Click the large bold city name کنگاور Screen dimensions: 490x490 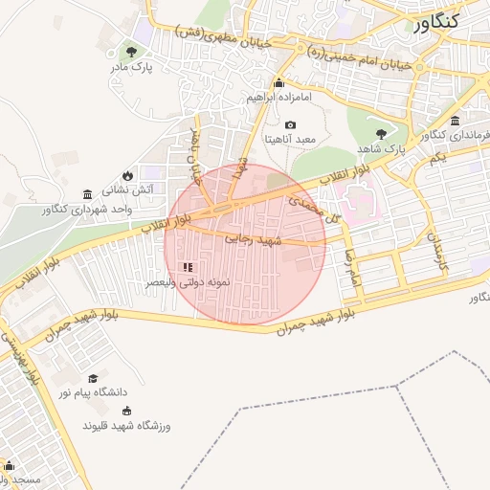point(452,21)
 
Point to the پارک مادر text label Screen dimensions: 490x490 point(135,67)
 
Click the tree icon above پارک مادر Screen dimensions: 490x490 point(132,51)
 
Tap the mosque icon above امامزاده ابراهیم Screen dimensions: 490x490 point(278,81)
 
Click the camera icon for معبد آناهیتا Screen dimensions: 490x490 point(291,125)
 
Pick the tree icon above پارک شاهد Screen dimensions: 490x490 point(382,134)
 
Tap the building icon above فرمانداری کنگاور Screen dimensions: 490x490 point(455,121)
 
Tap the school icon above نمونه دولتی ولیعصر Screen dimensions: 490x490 point(188,267)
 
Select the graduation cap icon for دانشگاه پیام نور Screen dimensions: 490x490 point(93,379)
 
